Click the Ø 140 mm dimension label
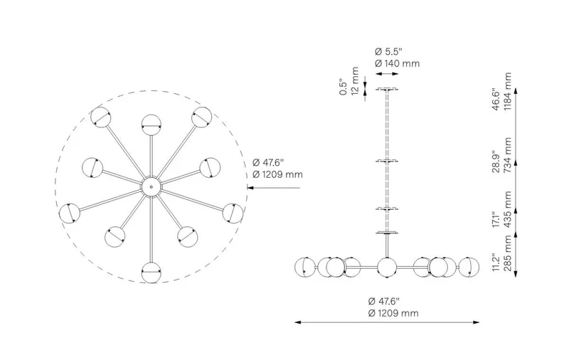(397, 63)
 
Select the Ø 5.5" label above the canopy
(388, 51)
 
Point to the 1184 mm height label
(507, 90)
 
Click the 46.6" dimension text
(496, 98)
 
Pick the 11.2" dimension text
(496, 262)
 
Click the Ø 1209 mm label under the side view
(393, 313)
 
